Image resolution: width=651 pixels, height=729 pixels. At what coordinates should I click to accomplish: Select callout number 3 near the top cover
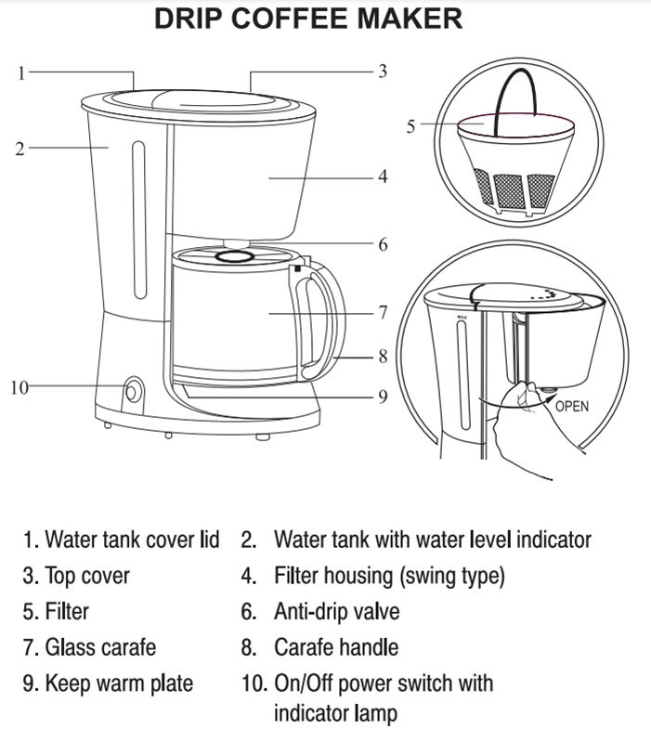pos(382,72)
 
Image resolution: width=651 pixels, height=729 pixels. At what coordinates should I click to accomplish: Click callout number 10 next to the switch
pos(20,386)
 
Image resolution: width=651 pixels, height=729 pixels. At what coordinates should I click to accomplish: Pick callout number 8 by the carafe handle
pos(382,356)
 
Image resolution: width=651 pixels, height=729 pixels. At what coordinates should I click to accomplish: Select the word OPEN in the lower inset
pos(572,406)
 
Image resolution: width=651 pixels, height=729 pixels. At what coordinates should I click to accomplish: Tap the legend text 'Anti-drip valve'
pos(336,611)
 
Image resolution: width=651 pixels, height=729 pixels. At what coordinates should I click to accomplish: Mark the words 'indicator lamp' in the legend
pos(335,713)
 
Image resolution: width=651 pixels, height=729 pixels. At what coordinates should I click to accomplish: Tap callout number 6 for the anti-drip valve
pos(382,245)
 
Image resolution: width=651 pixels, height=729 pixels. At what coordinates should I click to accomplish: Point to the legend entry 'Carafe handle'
pos(337,647)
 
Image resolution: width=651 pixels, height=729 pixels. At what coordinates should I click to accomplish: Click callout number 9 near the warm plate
pos(382,397)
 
